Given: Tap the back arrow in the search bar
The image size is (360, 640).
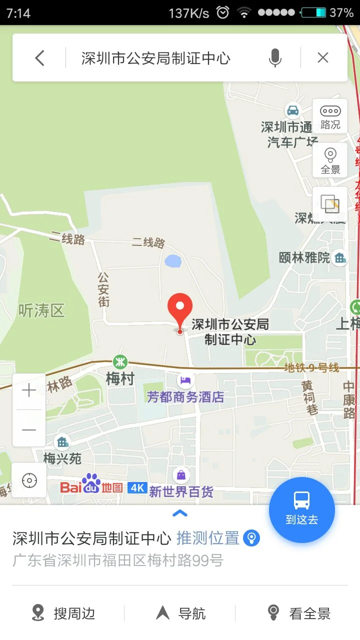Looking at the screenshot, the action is (x=40, y=58).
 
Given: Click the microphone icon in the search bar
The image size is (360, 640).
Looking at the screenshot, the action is (x=274, y=58).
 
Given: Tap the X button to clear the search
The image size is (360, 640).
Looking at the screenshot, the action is (x=323, y=58).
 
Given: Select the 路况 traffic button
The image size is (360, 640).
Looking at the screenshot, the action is (x=330, y=117).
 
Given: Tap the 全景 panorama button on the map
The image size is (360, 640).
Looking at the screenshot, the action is (x=330, y=161).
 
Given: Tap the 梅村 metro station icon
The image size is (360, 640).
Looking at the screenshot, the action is (x=119, y=361).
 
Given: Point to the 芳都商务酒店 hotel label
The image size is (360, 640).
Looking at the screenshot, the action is (x=185, y=397).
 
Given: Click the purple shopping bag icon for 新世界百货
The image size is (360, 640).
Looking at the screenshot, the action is (x=181, y=474).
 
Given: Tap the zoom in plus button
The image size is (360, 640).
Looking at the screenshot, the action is (x=29, y=390).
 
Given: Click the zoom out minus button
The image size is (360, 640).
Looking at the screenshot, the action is (x=29, y=429).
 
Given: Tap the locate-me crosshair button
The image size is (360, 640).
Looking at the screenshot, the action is (x=29, y=481).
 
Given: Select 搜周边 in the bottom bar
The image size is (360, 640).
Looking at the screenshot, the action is (x=63, y=613).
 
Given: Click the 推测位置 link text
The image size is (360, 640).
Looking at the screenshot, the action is (x=208, y=538).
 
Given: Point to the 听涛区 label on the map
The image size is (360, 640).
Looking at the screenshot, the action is (x=41, y=310).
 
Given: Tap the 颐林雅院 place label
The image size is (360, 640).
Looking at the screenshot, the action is (x=304, y=257).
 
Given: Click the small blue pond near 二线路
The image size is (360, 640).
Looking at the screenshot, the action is (x=173, y=260).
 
